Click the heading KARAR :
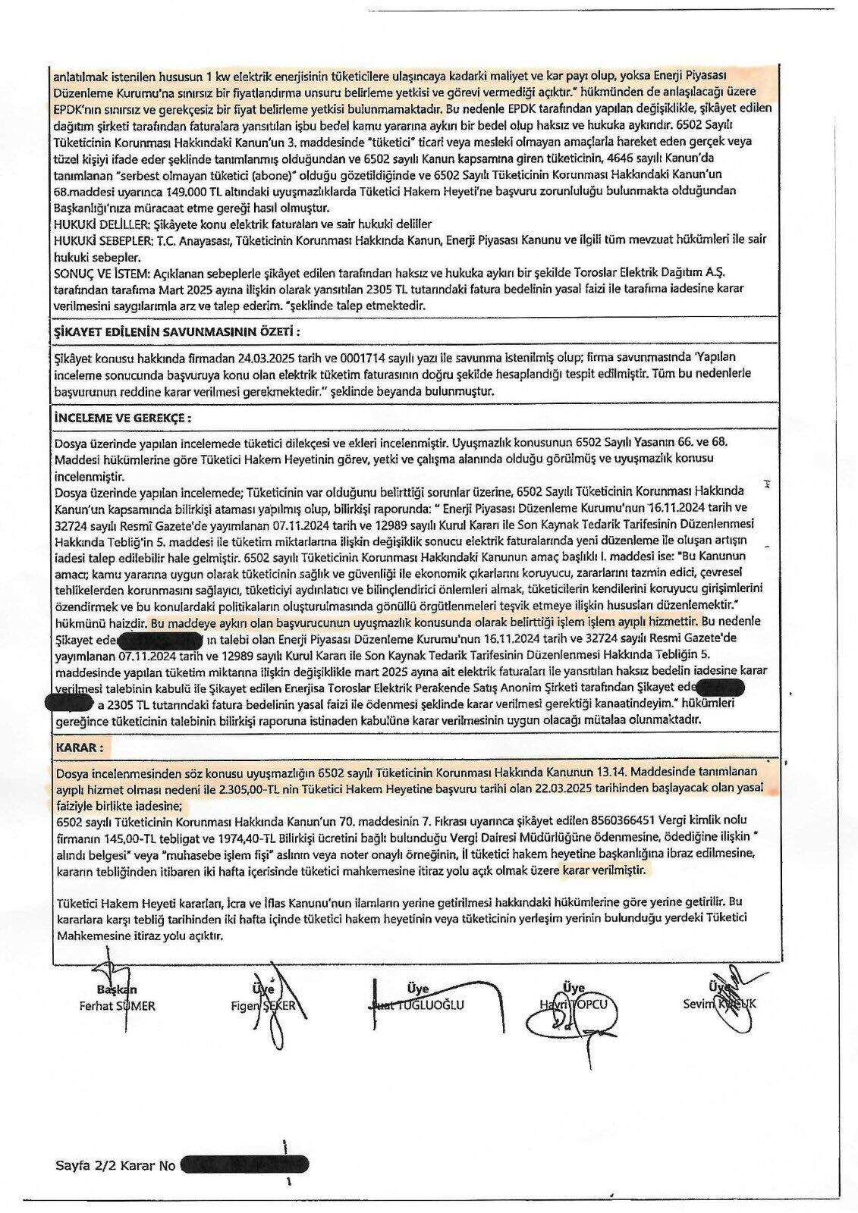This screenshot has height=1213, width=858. [x=79, y=748]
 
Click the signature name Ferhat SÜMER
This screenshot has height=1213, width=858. [x=117, y=1006]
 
